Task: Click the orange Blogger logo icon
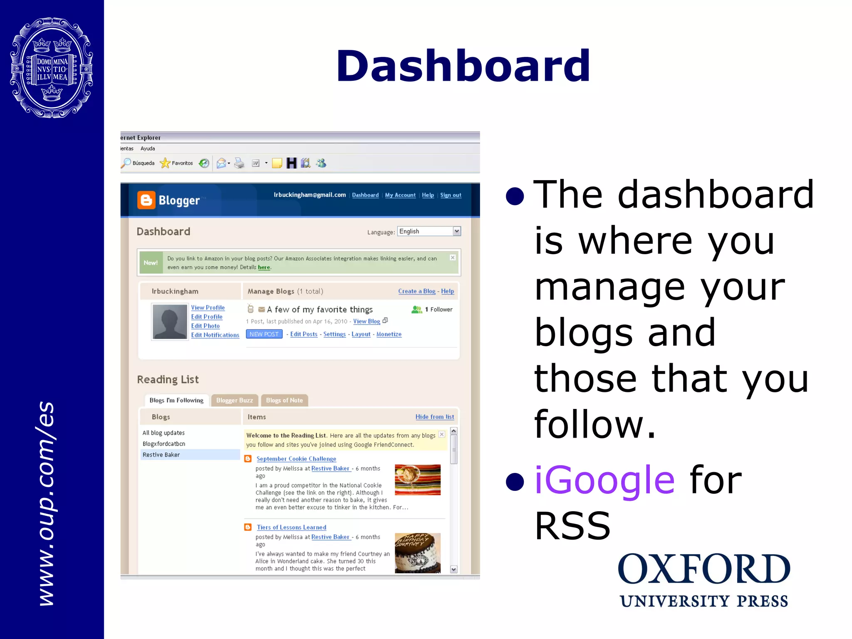pyautogui.click(x=146, y=200)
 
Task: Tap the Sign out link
pyautogui.click(x=451, y=195)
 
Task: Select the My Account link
pyautogui.click(x=400, y=195)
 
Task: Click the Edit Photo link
pyautogui.click(x=205, y=326)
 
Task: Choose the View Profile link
pyautogui.click(x=208, y=307)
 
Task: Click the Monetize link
pyautogui.click(x=389, y=334)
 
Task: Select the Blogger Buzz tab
pyautogui.click(x=234, y=400)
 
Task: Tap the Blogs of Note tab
pyautogui.click(x=284, y=400)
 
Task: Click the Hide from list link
pyautogui.click(x=434, y=417)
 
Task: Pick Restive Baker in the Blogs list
pyautogui.click(x=161, y=455)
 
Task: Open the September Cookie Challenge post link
pyautogui.click(x=296, y=459)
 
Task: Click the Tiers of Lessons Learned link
pyautogui.click(x=291, y=528)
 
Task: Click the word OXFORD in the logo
pyautogui.click(x=703, y=569)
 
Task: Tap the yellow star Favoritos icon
pyautogui.click(x=165, y=163)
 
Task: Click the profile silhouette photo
pyautogui.click(x=170, y=322)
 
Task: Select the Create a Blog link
pyautogui.click(x=416, y=291)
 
